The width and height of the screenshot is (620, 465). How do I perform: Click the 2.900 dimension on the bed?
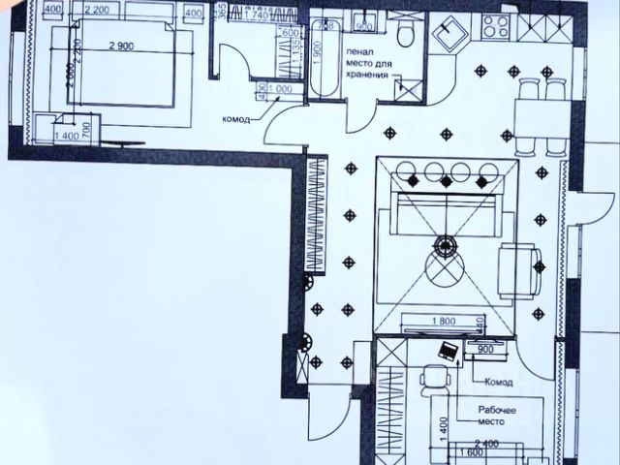pos(119,46)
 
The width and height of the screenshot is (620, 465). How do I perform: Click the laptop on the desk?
pos(449,351)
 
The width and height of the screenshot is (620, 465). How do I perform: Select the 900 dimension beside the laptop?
pos(485,349)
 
